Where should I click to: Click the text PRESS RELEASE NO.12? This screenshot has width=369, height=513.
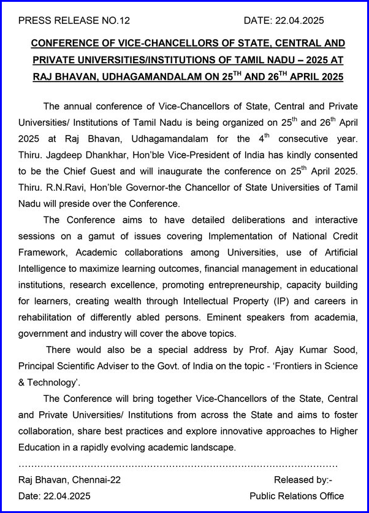[74, 20]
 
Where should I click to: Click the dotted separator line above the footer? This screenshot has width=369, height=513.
[178, 465]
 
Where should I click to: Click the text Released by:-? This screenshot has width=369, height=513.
[302, 480]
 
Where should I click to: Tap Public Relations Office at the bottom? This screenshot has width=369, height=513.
[297, 496]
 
